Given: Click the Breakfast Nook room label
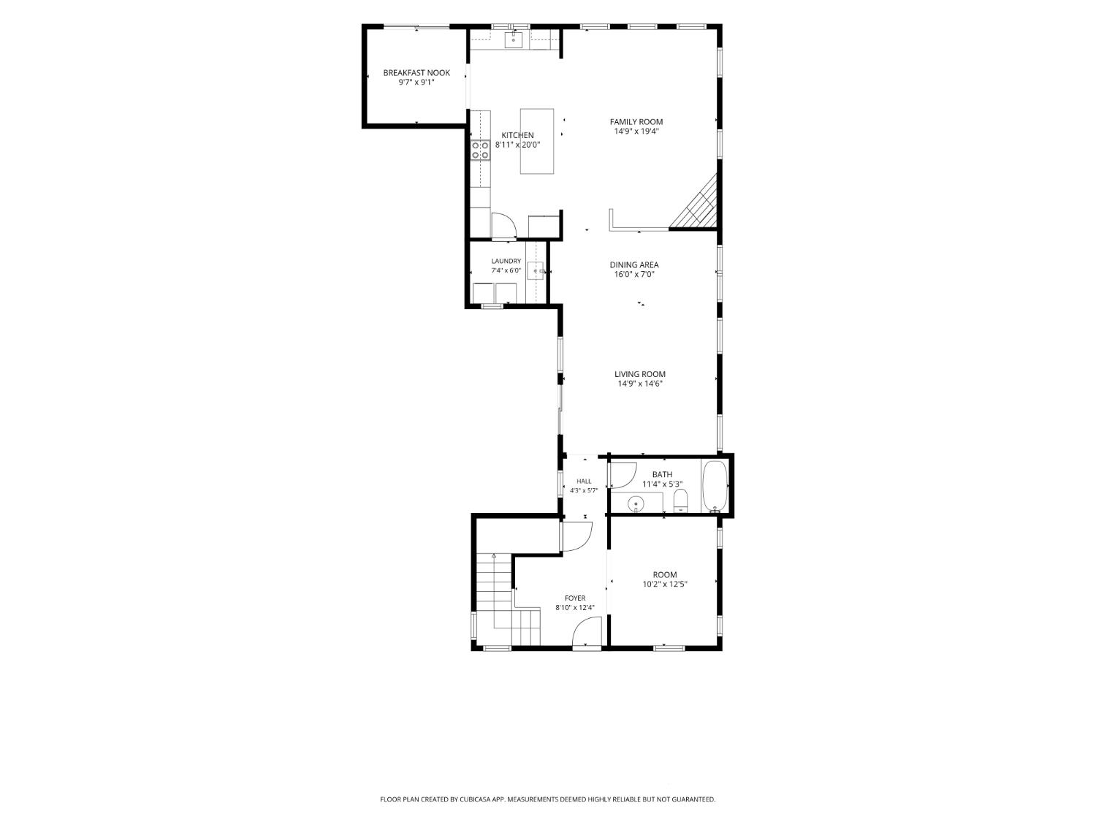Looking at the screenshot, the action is coord(416,73).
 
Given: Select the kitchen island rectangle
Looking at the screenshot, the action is coord(537,141).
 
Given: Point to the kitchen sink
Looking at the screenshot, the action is coord(514,39).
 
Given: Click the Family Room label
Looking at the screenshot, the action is coord(636,122).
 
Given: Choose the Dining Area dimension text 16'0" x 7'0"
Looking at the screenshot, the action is coord(634,275).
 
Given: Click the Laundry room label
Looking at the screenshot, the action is coord(506,261).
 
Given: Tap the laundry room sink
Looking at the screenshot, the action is coord(536,271).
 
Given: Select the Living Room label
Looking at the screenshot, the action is coord(639,374).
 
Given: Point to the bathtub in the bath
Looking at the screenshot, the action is coord(715,487).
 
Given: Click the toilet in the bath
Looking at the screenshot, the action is coord(680,501).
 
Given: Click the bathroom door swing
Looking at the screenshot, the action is coord(622,475).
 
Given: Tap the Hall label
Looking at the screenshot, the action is coord(584,481).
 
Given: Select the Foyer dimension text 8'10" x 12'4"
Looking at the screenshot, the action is coord(575,608).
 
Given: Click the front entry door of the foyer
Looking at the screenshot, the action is coord(587,633).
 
